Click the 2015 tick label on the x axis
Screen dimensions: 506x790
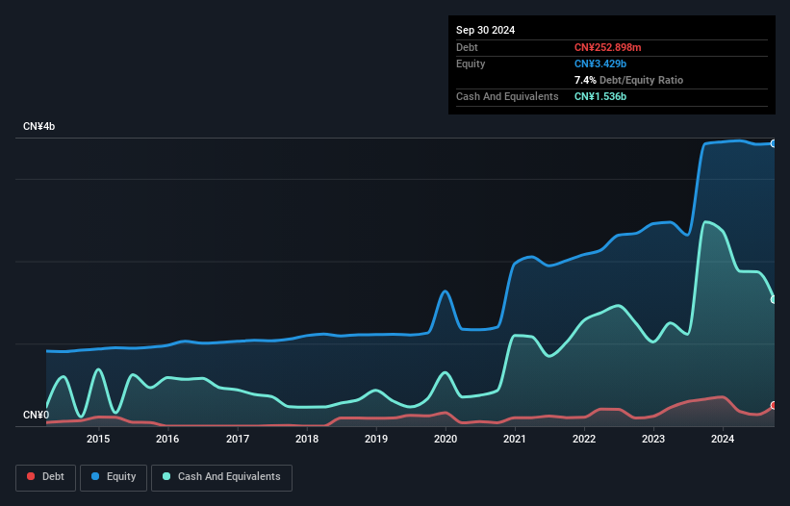[x=98, y=440]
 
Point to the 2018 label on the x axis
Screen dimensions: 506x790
[x=307, y=440]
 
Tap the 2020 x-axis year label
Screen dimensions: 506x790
[x=446, y=440]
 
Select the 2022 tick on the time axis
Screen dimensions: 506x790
[x=584, y=440]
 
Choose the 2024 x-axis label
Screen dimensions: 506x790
[x=723, y=440]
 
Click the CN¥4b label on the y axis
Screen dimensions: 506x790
[x=39, y=127]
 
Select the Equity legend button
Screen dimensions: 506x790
[x=114, y=477]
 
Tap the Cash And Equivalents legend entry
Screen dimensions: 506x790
[x=221, y=477]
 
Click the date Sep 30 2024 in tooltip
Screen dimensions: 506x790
[x=485, y=30]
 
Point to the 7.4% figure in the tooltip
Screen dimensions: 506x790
[x=587, y=80]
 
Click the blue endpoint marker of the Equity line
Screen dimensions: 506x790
[x=774, y=143]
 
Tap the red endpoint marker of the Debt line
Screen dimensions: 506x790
[x=774, y=406]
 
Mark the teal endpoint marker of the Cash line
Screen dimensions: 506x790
[x=774, y=299]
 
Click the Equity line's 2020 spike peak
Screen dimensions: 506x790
[x=445, y=291]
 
